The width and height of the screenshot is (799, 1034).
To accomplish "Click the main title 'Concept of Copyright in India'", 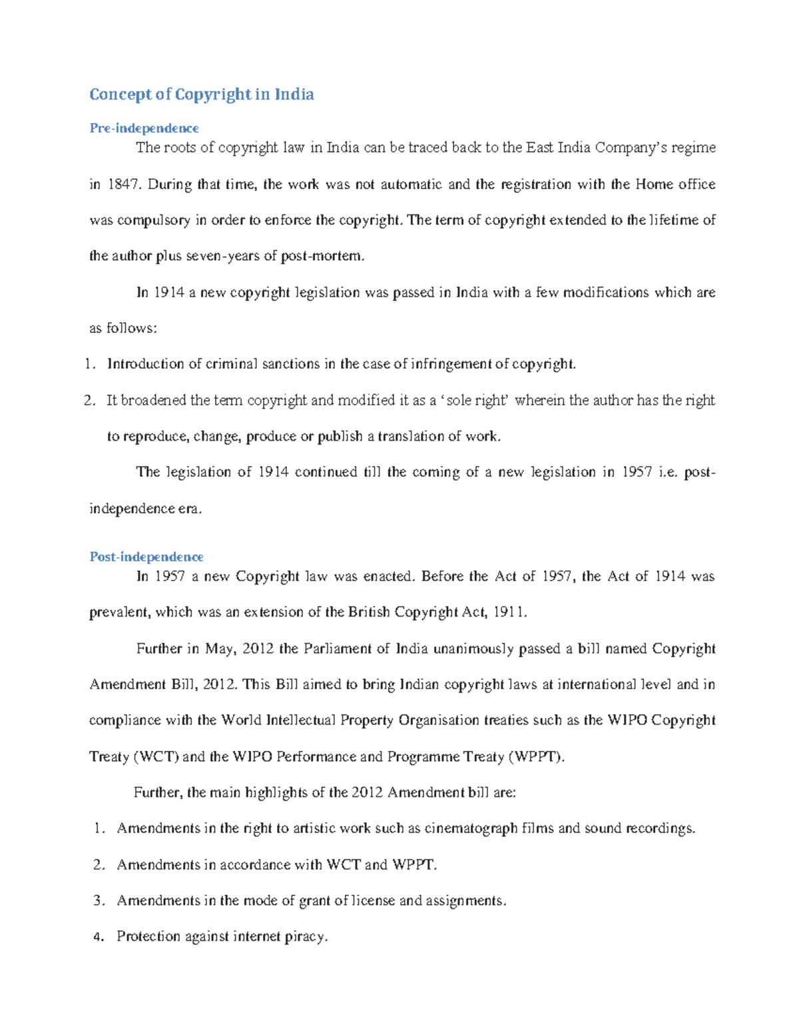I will (x=201, y=95).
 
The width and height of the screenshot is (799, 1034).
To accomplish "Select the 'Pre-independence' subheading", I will (x=144, y=128).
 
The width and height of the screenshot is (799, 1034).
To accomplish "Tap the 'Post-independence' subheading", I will (x=146, y=557).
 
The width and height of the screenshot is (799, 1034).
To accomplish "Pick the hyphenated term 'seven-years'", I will (x=223, y=256).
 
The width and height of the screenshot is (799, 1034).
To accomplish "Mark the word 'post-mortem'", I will (x=322, y=256).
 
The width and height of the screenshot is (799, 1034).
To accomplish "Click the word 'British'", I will (x=368, y=613).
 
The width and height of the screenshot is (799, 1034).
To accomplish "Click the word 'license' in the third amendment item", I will (x=373, y=901).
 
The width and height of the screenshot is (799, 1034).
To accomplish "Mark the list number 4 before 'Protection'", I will (x=99, y=937).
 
